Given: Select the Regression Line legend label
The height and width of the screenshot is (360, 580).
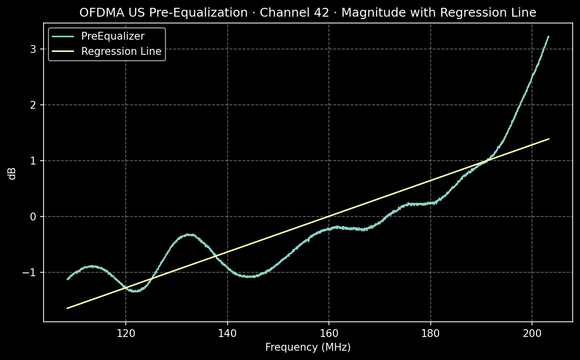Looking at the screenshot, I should click(x=121, y=51).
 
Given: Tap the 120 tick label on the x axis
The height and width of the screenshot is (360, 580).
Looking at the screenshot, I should click(x=126, y=333).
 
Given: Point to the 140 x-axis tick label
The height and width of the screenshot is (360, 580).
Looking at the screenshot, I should click(x=228, y=333).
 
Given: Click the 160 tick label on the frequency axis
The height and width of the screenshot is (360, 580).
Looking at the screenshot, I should click(x=329, y=333).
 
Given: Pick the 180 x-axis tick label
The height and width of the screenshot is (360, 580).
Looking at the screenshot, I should click(x=431, y=333).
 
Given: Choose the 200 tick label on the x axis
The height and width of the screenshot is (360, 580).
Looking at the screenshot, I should click(x=532, y=333).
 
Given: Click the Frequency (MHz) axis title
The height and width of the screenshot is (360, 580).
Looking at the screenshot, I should click(x=308, y=347).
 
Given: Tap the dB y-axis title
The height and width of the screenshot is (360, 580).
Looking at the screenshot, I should click(x=13, y=174).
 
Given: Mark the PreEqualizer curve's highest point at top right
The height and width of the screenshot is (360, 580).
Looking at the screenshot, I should click(x=548, y=37).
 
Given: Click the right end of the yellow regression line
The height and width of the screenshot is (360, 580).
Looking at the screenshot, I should click(x=549, y=139).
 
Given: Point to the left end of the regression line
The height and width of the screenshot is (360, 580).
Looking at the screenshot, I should click(x=68, y=308).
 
